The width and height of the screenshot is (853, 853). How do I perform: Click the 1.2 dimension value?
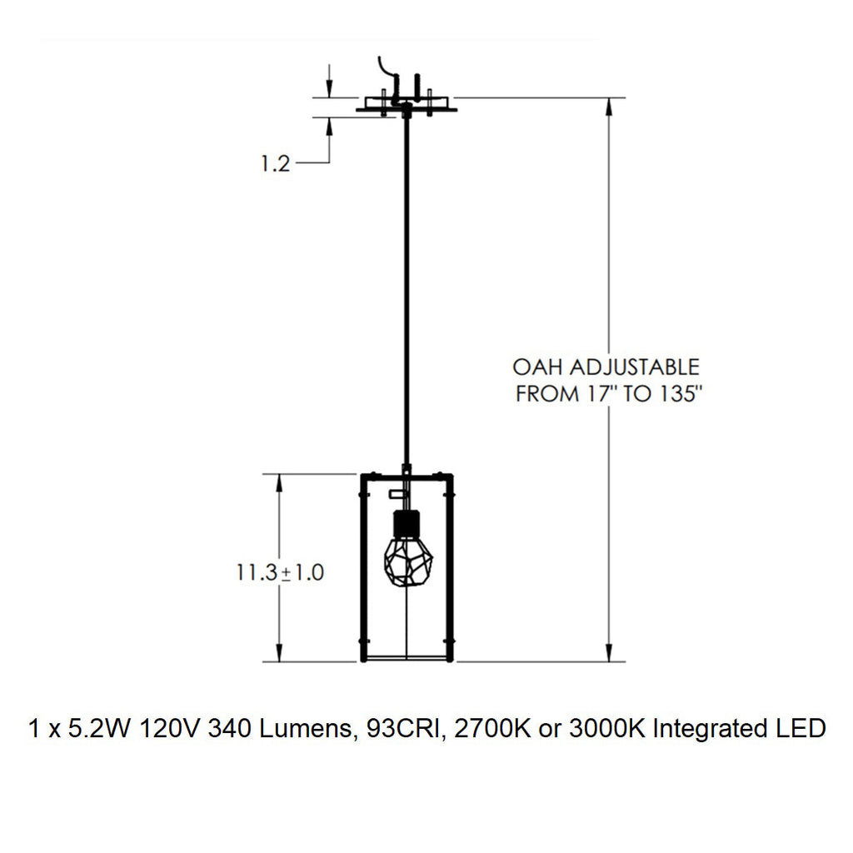point(275,164)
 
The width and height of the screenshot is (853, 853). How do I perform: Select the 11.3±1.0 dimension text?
point(279,573)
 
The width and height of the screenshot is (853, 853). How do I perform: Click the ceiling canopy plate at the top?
point(407,107)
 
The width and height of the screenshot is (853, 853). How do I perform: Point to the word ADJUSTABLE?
point(641,367)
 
